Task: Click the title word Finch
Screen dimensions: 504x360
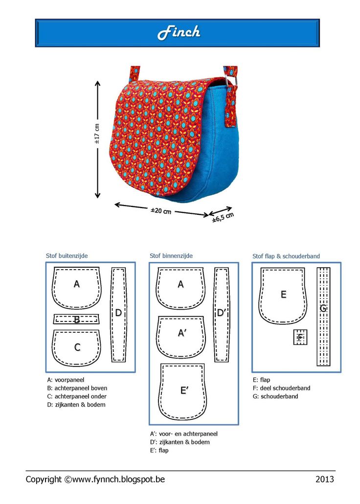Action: tap(179, 33)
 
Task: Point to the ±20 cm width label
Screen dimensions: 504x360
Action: tap(161, 211)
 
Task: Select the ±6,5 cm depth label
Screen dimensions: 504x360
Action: tap(223, 217)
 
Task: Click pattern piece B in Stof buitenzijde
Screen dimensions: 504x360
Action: tap(76, 320)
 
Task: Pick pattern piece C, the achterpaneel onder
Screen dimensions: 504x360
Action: tap(77, 347)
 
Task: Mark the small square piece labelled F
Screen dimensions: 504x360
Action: tap(300, 337)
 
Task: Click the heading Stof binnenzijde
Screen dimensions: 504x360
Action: tap(171, 255)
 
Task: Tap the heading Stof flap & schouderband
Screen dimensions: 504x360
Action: tap(286, 256)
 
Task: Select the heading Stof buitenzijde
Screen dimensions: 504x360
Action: tap(67, 255)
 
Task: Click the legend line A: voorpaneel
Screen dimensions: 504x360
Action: tap(67, 379)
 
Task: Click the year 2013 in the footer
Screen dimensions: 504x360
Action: tap(324, 479)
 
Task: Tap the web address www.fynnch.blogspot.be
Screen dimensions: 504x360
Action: tap(118, 479)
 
